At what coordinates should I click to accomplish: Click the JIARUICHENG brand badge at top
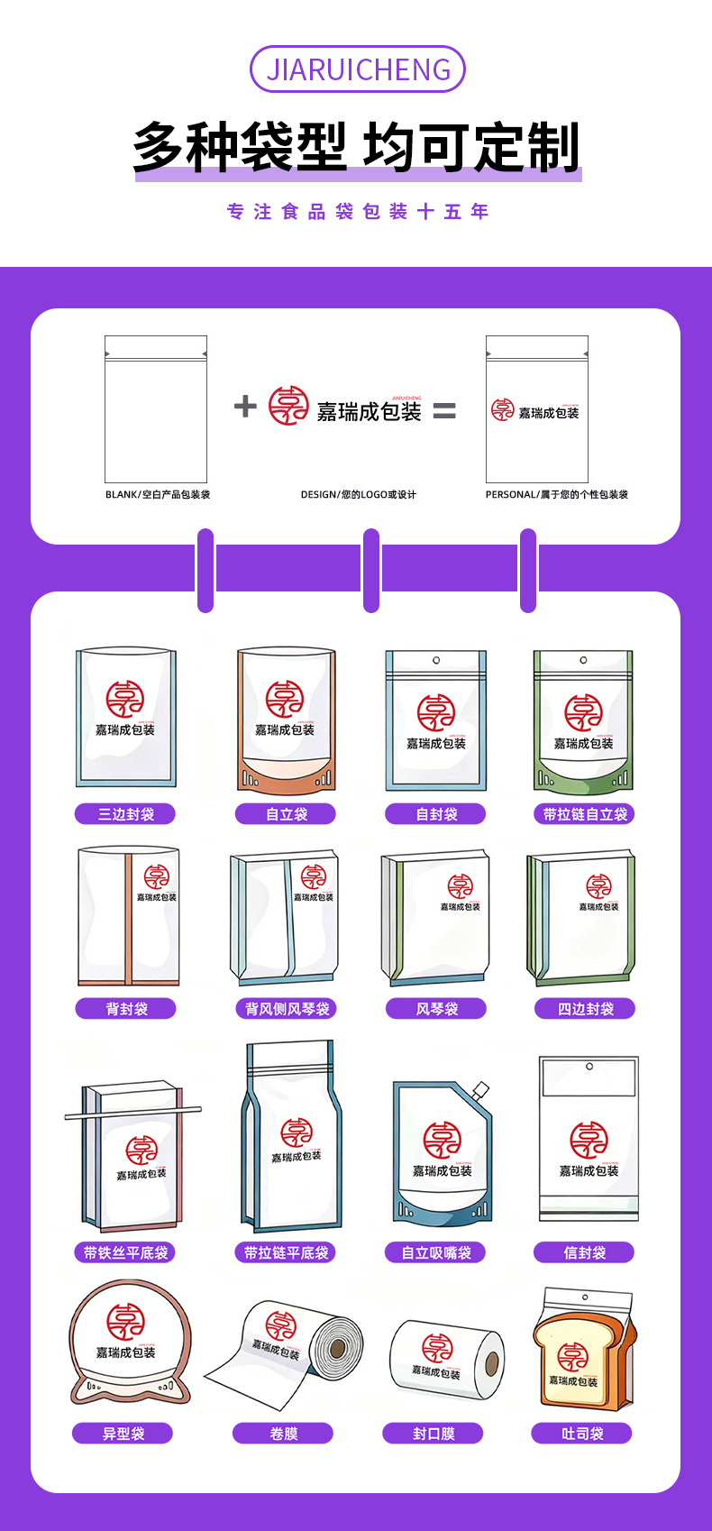click(x=357, y=69)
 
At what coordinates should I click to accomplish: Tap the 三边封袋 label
click(x=125, y=814)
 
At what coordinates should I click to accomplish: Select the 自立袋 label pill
click(x=286, y=814)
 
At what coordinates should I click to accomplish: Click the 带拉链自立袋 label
click(x=584, y=814)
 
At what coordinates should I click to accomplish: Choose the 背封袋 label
click(x=125, y=1009)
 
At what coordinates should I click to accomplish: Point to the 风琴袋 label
click(x=436, y=1009)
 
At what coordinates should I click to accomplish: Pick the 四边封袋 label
click(x=584, y=1009)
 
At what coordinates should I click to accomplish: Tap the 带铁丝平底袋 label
click(x=125, y=1252)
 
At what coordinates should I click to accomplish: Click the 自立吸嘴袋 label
click(x=436, y=1252)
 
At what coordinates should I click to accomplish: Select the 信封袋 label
click(x=584, y=1252)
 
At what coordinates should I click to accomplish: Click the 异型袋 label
click(x=123, y=1434)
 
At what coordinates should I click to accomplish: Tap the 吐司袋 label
click(x=582, y=1434)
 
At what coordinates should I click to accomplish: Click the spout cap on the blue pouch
click(x=479, y=1091)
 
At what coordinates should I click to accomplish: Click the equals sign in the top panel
click(x=444, y=411)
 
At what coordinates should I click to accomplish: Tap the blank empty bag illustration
click(x=156, y=410)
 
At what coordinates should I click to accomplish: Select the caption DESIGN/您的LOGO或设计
click(x=359, y=495)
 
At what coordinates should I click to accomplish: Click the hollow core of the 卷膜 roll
click(x=338, y=1349)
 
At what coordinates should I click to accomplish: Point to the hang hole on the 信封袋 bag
click(x=589, y=1067)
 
